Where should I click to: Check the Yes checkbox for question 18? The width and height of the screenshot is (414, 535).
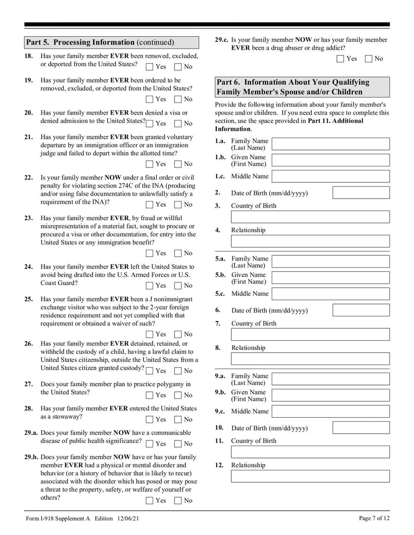(150, 67)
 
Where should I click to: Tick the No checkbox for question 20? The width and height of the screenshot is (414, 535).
(178, 124)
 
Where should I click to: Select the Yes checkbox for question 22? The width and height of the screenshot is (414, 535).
(150, 205)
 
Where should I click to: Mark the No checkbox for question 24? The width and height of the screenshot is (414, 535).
(178, 285)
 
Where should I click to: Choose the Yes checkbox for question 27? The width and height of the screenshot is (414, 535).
(150, 395)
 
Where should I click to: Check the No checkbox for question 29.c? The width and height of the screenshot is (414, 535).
(368, 59)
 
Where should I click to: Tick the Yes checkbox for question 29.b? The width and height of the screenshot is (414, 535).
(150, 500)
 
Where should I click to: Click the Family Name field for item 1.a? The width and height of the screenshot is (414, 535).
(330, 144)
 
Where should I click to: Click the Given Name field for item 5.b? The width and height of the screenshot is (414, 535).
(330, 278)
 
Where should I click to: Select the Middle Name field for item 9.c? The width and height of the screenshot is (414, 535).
(330, 411)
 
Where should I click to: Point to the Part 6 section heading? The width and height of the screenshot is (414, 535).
(300, 87)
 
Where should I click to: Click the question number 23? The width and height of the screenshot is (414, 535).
(29, 218)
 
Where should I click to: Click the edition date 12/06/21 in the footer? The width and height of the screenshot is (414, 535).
(131, 518)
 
